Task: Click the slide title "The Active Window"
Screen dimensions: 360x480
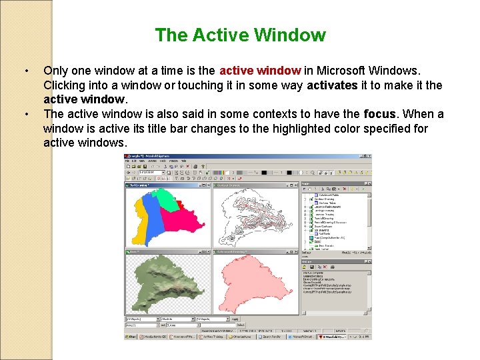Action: click(x=240, y=35)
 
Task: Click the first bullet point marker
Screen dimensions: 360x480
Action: click(x=25, y=70)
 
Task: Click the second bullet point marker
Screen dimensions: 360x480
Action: click(x=25, y=114)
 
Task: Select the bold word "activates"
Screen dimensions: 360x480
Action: click(x=333, y=85)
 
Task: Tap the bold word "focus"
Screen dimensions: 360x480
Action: click(x=380, y=114)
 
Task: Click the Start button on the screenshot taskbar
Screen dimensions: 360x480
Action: click(x=131, y=337)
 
